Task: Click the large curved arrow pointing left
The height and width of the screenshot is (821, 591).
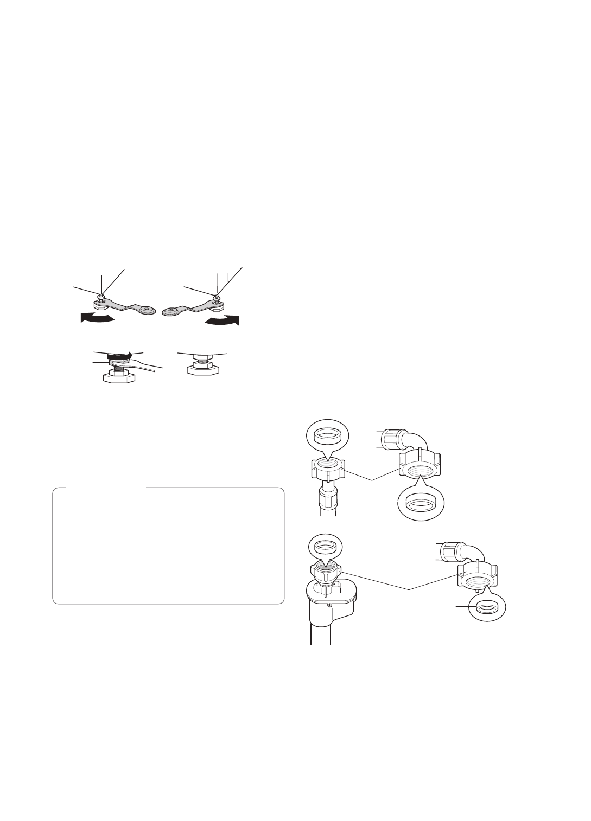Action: pos(97,318)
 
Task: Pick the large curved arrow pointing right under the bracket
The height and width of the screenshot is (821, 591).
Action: pos(221,320)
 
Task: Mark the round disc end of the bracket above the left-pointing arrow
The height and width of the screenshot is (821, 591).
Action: pos(145,310)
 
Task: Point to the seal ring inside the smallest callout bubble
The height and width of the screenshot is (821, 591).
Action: pos(486,608)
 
